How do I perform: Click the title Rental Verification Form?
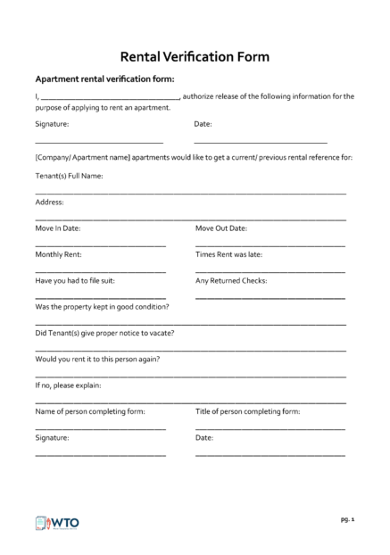195,55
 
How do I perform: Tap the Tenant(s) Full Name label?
70,176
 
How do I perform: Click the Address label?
49,203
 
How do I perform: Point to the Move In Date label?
58,228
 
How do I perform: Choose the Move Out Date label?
221,228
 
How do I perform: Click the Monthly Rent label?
59,254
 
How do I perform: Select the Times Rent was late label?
228,254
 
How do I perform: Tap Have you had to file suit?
75,280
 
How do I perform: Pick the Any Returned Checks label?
231,280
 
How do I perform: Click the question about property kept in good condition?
102,307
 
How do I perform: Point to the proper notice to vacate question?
104,333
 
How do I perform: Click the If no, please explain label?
68,385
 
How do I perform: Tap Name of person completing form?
89,411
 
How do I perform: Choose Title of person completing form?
248,411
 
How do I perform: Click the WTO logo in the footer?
55,522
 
